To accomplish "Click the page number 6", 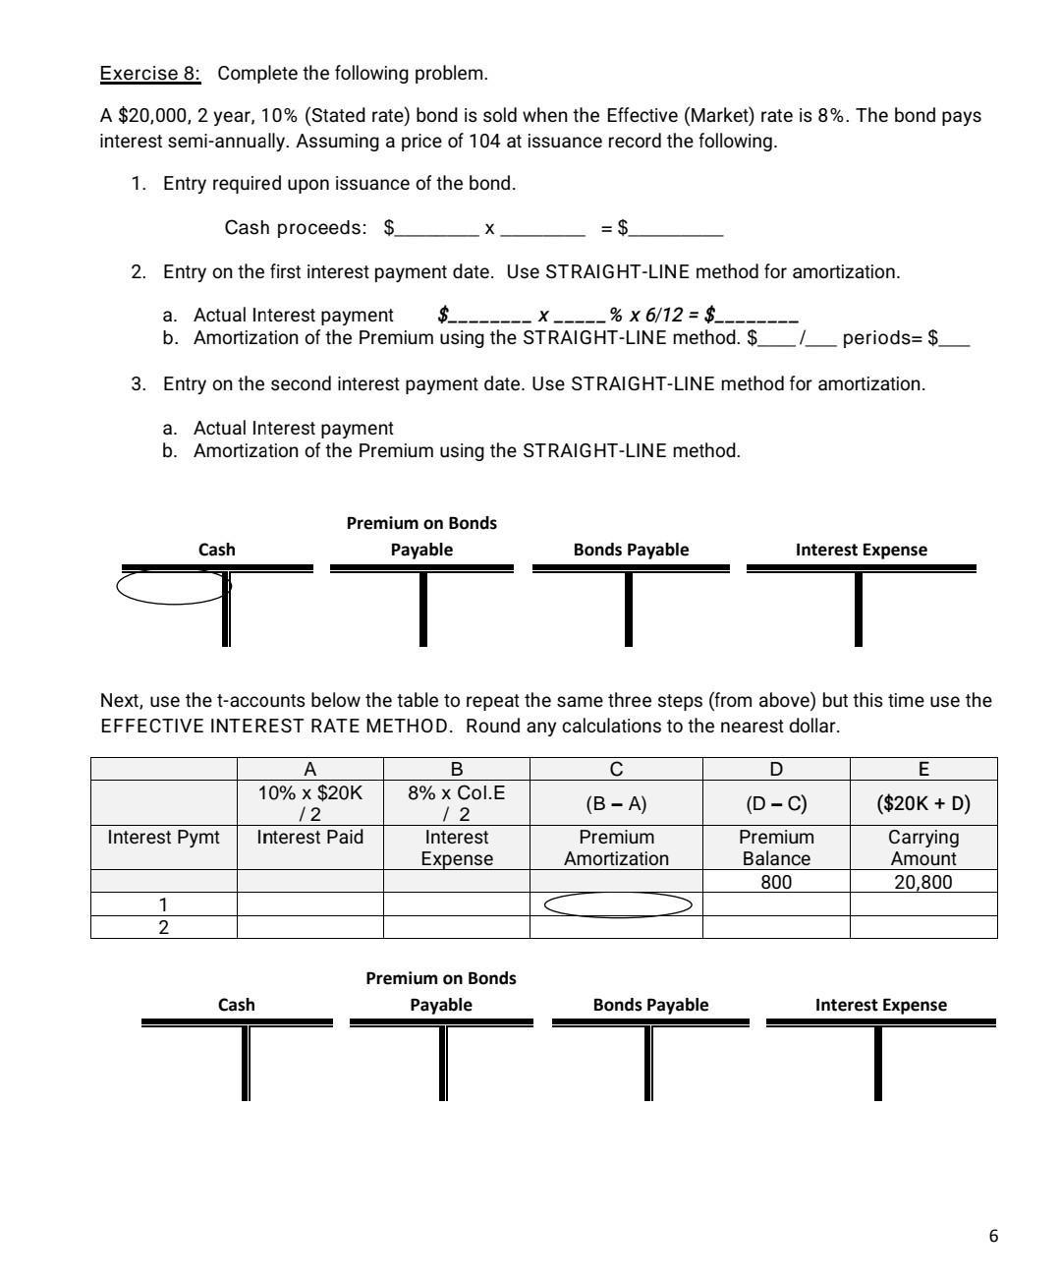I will click(x=993, y=1236).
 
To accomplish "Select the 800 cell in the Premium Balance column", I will click(x=776, y=882).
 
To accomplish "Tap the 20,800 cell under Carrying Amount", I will click(x=922, y=882).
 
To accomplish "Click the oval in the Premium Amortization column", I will click(x=618, y=903).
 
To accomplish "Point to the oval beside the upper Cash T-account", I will click(x=173, y=587).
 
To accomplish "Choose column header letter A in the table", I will click(x=310, y=769).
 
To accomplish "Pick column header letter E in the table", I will click(x=922, y=769).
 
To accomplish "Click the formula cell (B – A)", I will click(x=616, y=803).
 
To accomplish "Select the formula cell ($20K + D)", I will click(x=922, y=803).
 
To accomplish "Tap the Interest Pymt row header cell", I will click(x=164, y=838).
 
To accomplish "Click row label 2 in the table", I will click(x=164, y=927).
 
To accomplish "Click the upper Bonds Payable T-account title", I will click(x=631, y=550).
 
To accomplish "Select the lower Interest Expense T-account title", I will click(x=880, y=1005).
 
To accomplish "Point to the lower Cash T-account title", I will click(x=236, y=1005).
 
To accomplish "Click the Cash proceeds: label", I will click(x=295, y=228).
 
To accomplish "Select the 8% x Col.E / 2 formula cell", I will click(x=456, y=803).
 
